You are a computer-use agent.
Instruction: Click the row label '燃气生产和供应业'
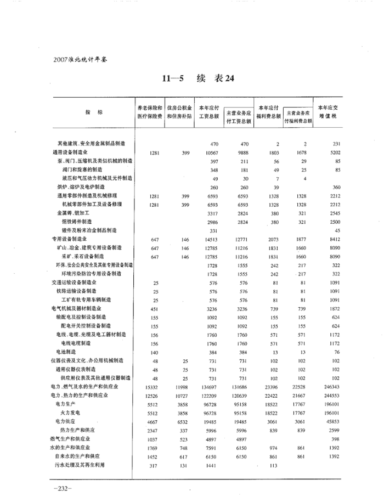tap(71, 439)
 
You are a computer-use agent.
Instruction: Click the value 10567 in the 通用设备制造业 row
tap(211, 153)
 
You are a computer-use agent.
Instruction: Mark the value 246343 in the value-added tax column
tap(332, 387)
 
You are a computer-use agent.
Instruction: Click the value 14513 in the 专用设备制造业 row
tap(211, 239)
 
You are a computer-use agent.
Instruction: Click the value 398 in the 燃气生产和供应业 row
tap(336, 439)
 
